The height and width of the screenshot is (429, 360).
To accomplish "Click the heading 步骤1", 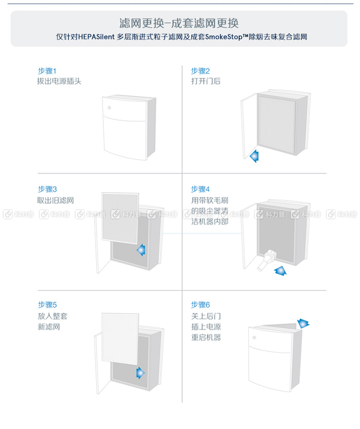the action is [47, 71].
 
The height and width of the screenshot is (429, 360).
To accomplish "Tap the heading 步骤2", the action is [201, 71].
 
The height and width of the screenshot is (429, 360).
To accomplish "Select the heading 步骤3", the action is [47, 189].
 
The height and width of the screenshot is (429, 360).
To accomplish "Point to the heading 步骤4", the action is [201, 189].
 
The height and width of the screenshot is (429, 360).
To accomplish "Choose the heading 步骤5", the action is [47, 305].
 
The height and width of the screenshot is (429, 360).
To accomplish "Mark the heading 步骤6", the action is [201, 305].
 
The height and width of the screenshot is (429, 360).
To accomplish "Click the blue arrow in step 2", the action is [254, 156].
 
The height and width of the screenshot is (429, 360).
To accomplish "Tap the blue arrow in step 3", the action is [141, 250].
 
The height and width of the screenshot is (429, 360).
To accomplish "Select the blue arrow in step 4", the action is [280, 271].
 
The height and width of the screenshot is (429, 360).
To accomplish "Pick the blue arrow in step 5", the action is [140, 373].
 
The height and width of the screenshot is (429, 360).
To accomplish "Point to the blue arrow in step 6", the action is [303, 323].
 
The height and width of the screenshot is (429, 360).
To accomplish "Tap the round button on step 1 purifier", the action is [109, 108].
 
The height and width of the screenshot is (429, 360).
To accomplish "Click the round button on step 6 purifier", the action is [254, 337].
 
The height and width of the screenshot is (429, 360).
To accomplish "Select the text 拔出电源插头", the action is [59, 81].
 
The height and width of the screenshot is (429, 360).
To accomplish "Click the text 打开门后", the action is [206, 81].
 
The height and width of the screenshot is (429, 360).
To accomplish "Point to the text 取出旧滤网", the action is [56, 200].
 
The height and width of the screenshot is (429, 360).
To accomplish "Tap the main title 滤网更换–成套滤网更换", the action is [179, 23].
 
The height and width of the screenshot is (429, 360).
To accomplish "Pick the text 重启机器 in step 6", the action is [206, 337].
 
